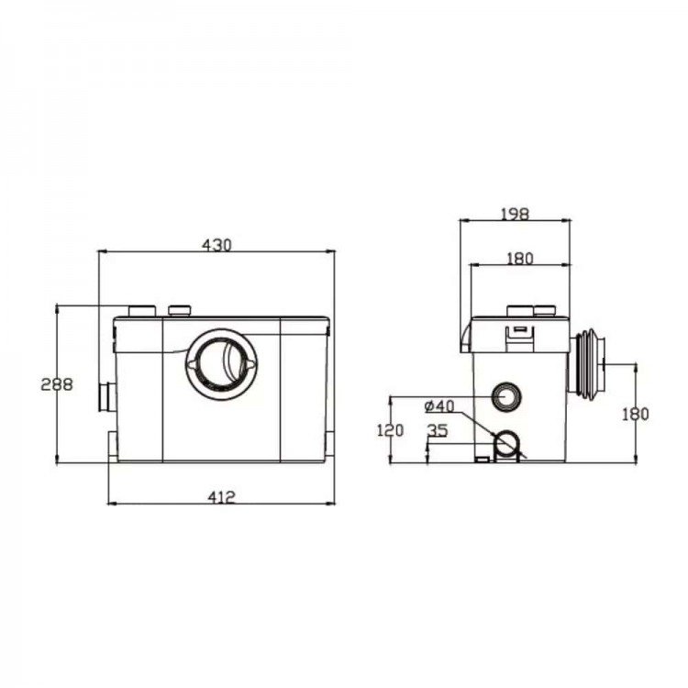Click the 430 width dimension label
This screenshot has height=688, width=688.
216,245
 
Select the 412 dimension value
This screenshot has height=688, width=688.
222,497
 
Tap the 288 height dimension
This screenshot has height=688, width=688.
57,384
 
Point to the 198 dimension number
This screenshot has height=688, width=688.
516,214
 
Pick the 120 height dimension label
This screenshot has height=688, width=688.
390,430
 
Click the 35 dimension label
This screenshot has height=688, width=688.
438,431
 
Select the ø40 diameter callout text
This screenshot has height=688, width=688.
439,405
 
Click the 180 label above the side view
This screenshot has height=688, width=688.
520,259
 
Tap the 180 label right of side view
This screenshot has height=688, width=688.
636,414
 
